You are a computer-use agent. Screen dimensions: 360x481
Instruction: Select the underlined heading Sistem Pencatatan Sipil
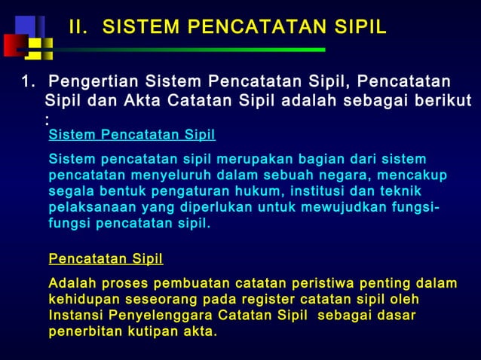tap(132, 136)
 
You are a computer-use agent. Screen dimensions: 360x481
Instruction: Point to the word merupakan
tap(250, 160)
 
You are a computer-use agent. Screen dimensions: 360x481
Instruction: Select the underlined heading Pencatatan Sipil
tap(106, 260)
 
